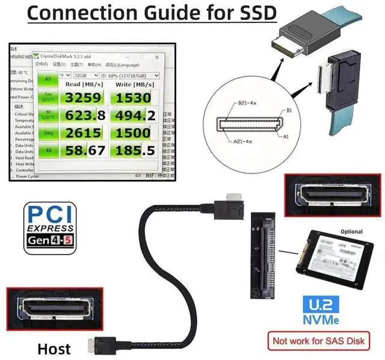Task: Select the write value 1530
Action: (x=134, y=98)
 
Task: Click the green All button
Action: (x=48, y=79)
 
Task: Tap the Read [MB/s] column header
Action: (x=84, y=85)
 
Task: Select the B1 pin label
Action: (x=289, y=111)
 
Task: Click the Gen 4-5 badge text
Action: (x=50, y=245)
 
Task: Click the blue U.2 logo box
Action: (x=324, y=305)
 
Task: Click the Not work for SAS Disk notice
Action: (x=319, y=341)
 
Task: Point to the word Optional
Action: (x=351, y=231)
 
